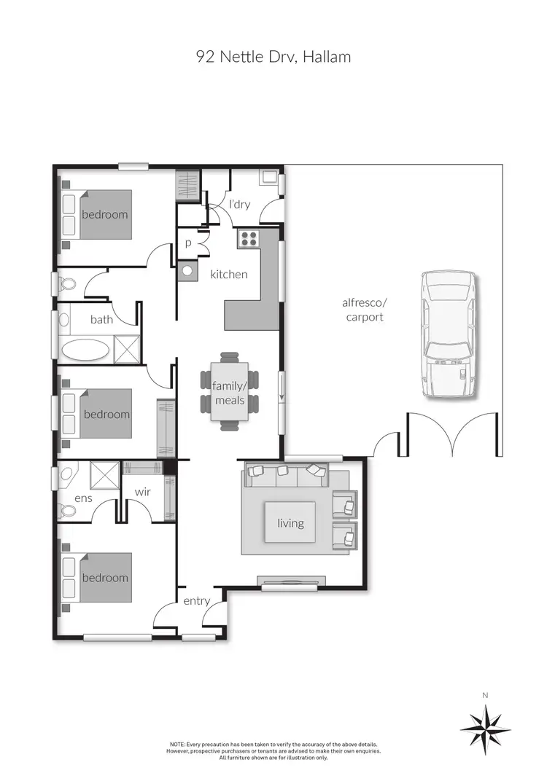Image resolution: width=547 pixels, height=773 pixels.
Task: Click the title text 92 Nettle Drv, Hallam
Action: pyautogui.click(x=273, y=57)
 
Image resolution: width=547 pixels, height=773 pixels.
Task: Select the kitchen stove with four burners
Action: pyautogui.click(x=247, y=239)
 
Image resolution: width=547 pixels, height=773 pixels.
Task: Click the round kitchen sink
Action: pyautogui.click(x=188, y=271)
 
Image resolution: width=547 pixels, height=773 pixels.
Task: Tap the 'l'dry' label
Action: pyautogui.click(x=239, y=205)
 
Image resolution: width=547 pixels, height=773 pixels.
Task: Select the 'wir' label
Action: pyautogui.click(x=142, y=492)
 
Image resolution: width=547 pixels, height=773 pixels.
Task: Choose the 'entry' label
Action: pyautogui.click(x=196, y=601)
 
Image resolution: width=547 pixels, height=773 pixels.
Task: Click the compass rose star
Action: pyautogui.click(x=485, y=729)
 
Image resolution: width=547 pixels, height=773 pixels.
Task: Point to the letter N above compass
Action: pyautogui.click(x=485, y=695)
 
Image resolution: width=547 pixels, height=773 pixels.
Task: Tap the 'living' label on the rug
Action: pyautogui.click(x=290, y=523)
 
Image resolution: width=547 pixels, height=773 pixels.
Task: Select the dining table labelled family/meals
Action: pyautogui.click(x=230, y=392)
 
